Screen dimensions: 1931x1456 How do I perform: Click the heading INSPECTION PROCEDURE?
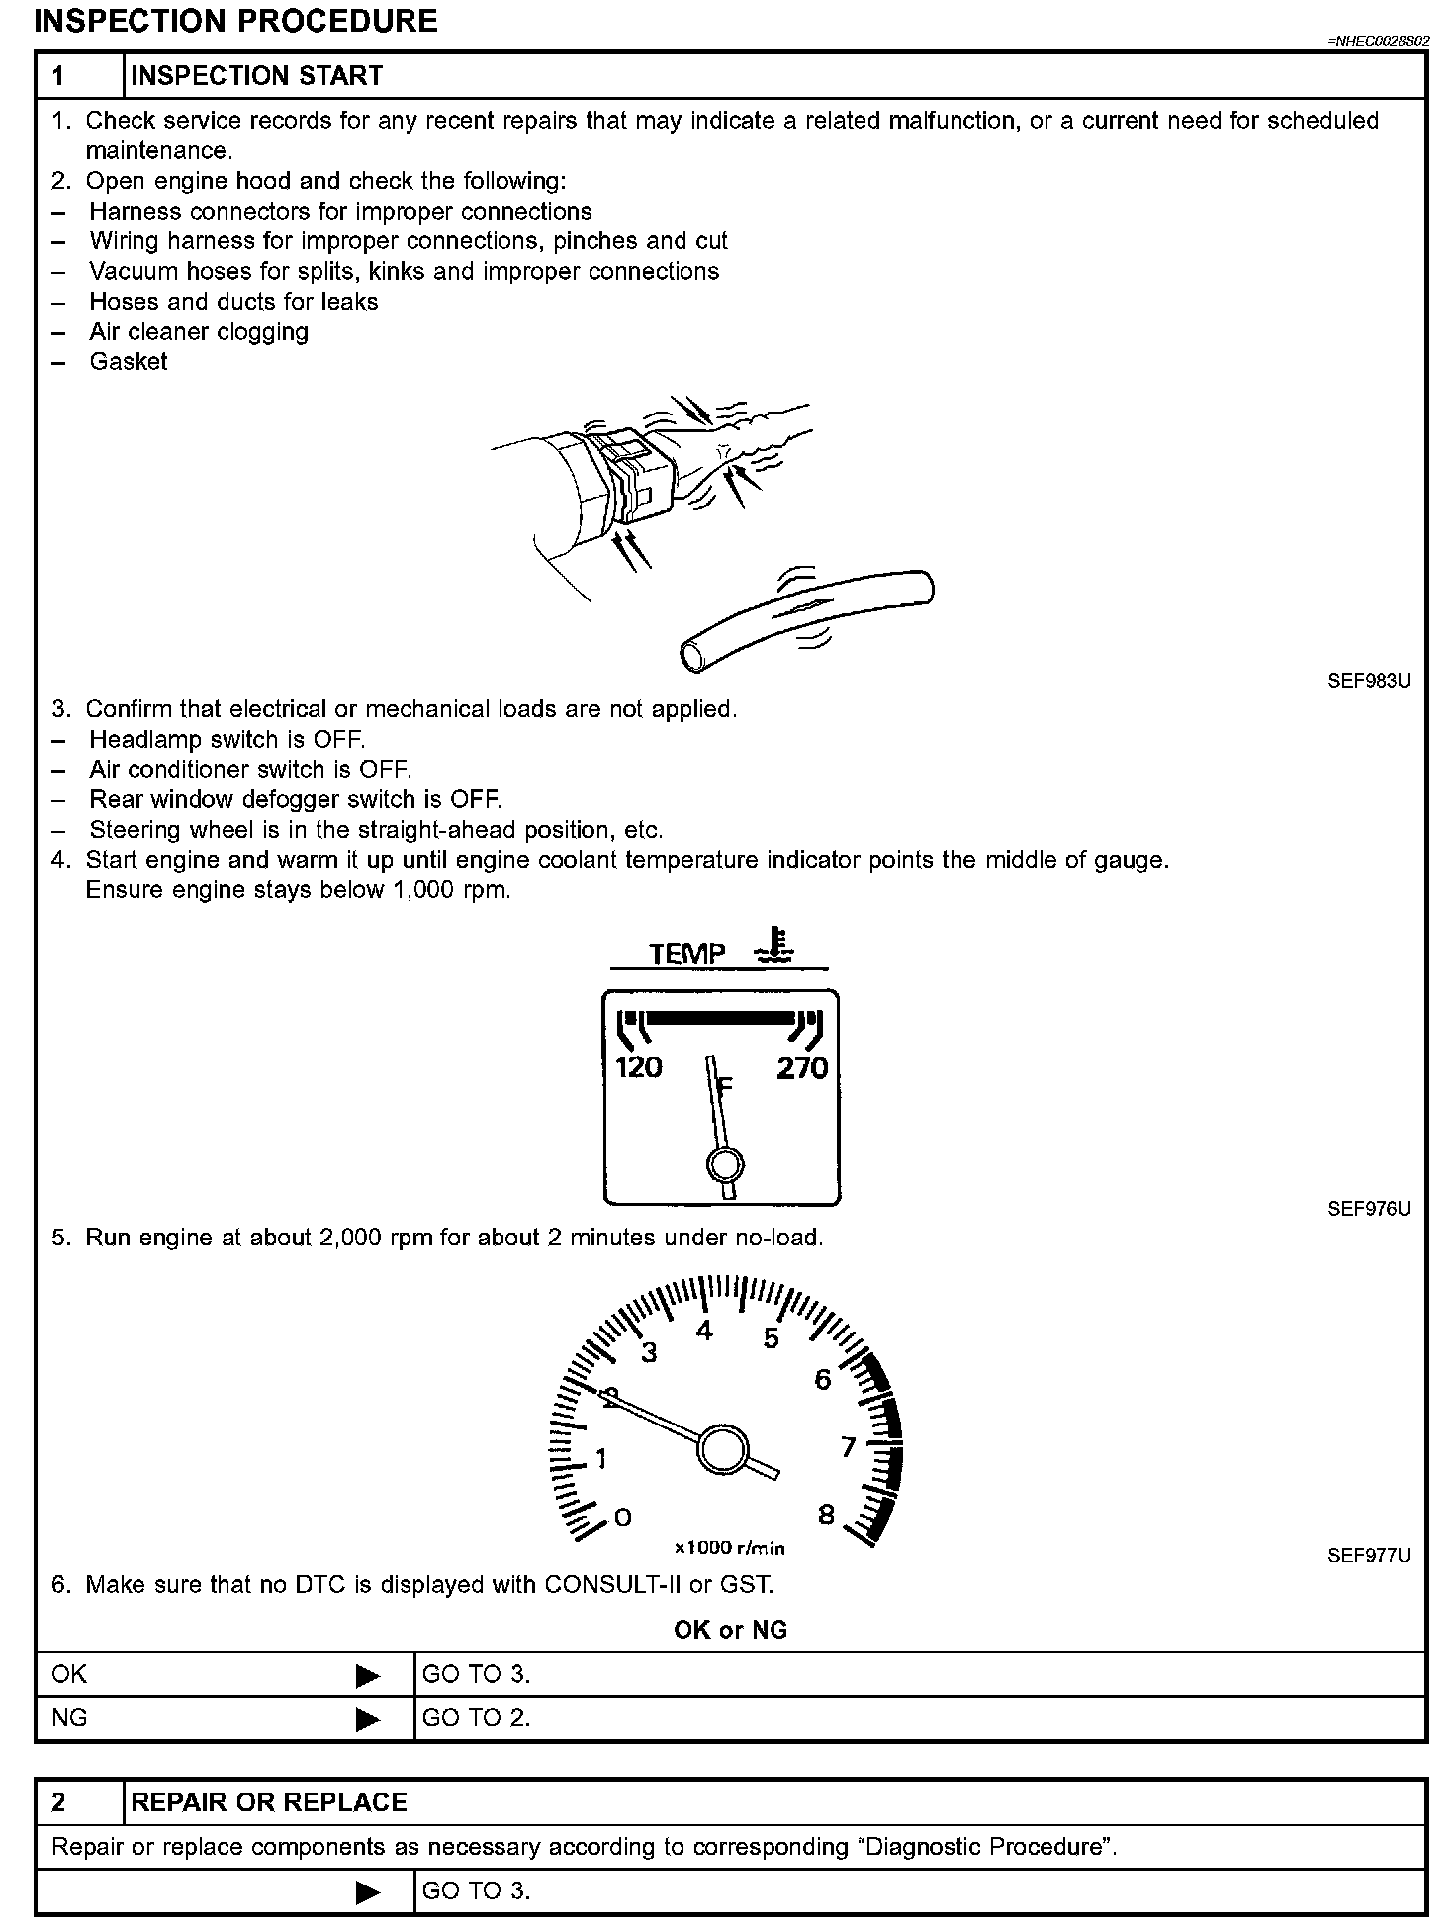(x=235, y=21)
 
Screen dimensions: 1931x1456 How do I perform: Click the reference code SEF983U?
(x=1368, y=681)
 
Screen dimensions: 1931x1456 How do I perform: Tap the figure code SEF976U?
(x=1368, y=1209)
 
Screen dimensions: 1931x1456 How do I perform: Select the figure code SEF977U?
(x=1368, y=1555)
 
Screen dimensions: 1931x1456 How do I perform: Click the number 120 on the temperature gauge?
(x=638, y=1068)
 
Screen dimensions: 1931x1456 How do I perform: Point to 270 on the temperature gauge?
(x=801, y=1068)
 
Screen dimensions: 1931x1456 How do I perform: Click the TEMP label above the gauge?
(x=687, y=954)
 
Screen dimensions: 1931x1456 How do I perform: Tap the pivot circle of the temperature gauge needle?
(x=725, y=1164)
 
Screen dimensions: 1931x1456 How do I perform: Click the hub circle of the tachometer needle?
(x=722, y=1450)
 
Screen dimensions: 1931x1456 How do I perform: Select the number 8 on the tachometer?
(x=826, y=1515)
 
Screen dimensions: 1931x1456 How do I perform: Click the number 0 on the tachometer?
(x=622, y=1517)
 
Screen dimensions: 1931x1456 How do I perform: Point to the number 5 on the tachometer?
(x=772, y=1338)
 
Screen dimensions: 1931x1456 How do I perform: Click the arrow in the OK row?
(x=367, y=1676)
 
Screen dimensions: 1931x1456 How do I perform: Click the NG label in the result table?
(x=69, y=1718)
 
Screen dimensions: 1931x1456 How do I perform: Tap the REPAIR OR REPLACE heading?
(x=269, y=1802)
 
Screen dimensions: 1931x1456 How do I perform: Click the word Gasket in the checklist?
(x=129, y=362)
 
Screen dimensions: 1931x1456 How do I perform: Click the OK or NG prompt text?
(x=730, y=1630)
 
